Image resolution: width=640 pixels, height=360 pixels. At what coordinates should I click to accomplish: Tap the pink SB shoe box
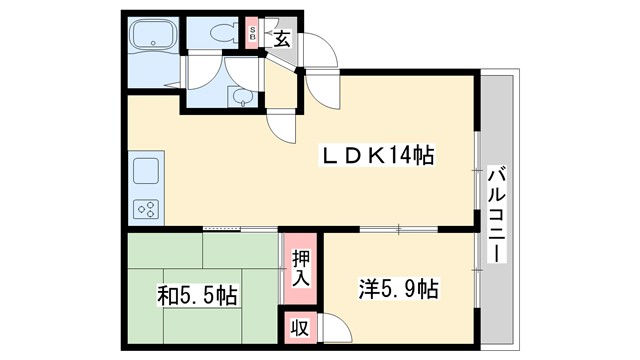253,35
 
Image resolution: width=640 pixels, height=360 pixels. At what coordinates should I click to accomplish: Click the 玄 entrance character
282,39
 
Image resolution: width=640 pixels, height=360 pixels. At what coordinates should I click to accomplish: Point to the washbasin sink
240,96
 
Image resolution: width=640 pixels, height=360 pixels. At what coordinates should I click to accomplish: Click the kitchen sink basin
146,170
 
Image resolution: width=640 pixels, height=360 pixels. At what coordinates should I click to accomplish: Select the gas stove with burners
146,208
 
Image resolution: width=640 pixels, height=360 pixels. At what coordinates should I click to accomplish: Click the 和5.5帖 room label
197,295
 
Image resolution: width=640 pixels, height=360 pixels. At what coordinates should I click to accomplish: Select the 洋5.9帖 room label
399,290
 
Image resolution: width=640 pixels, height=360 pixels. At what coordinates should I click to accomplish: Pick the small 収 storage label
298,327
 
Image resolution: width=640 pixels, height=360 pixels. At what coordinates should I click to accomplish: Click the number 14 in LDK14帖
404,157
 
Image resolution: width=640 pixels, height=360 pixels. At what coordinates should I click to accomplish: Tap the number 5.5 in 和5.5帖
200,295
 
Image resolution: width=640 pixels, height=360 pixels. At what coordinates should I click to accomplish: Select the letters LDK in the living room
350,157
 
